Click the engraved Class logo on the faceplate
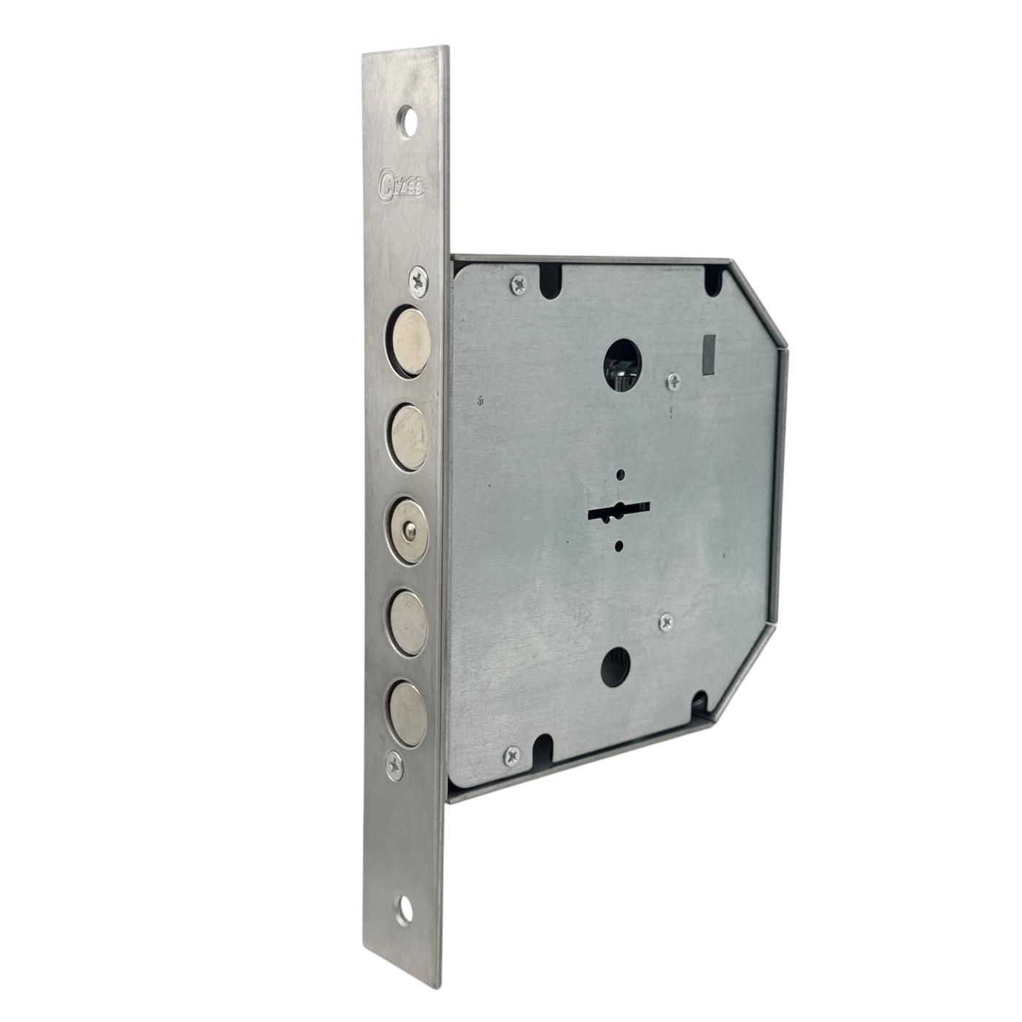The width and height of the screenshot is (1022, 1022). (402, 185)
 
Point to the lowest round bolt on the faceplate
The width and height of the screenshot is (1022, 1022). (407, 714)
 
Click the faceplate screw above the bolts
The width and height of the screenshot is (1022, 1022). (420, 280)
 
